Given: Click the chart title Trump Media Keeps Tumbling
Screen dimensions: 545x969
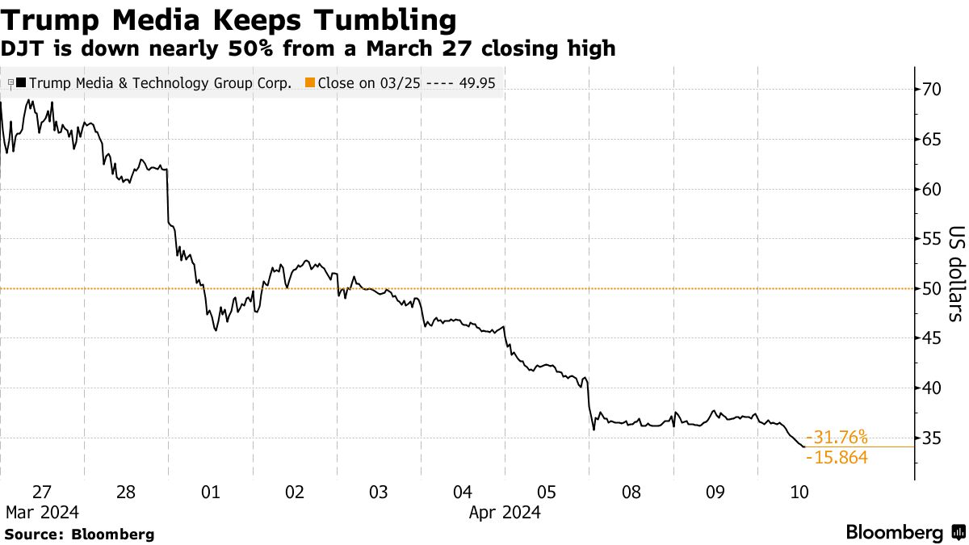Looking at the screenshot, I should coord(229,19).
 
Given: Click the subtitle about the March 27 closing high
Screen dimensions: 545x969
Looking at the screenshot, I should coord(309,49).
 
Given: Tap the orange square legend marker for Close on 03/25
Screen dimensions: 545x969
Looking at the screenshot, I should coord(311,82).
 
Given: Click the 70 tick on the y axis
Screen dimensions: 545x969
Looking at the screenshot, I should coord(933,90).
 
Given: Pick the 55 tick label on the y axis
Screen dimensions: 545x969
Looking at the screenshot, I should coord(933,239).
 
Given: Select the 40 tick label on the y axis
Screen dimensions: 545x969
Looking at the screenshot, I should coord(933,388).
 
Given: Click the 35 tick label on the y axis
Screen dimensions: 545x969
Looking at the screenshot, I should coord(933,438).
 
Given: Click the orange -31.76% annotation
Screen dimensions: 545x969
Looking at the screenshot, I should coord(837,438).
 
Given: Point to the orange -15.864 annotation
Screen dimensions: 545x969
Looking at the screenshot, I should coord(837,458).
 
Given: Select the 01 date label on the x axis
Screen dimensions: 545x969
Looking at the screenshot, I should coord(210,493).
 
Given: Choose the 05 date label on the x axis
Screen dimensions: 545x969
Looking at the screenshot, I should coord(547,493).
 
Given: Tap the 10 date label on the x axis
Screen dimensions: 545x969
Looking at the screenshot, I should coord(799,493).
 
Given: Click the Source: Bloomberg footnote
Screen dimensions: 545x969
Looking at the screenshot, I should coord(78,534).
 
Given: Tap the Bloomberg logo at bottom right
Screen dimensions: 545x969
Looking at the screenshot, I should coord(904,532).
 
